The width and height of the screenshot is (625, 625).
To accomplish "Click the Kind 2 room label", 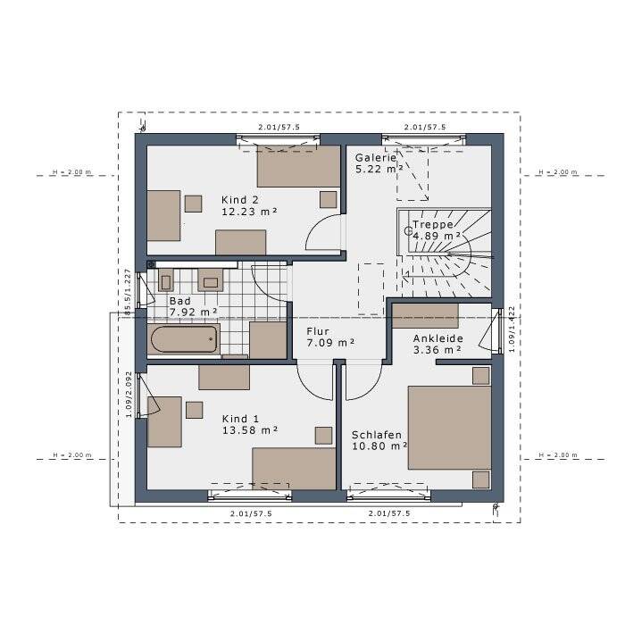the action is pos(240,200).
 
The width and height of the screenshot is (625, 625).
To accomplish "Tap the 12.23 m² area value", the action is pos(249,212).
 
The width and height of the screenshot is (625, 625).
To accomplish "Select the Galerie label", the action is pos(376,157).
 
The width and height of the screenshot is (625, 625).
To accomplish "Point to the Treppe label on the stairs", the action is pos(433,224).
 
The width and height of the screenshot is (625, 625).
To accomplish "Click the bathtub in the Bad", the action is pos(184,339).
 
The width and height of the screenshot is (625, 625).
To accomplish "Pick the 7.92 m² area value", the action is pos(194,312).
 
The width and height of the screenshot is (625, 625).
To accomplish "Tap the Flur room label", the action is pos(318,331).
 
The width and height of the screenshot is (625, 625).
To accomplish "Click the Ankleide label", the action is pos(438,338).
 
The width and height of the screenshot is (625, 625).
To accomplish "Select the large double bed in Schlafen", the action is pos(449,427).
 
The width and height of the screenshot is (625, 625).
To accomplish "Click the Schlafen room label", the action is pos(377,435).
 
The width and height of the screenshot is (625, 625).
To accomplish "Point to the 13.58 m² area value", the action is pos(249,430).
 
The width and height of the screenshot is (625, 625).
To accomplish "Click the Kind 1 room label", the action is pos(240,419).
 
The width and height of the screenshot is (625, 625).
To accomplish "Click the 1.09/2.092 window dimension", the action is pos(129,395).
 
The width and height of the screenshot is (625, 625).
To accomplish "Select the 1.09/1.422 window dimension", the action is pos(512,329).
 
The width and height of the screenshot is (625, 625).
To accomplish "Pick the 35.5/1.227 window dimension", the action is pos(128,292).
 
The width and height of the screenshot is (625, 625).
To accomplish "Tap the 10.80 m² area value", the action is pos(379,446).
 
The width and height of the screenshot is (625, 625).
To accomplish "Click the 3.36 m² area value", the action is pos(437,350).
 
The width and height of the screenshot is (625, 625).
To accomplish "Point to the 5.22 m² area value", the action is pos(379,169).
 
